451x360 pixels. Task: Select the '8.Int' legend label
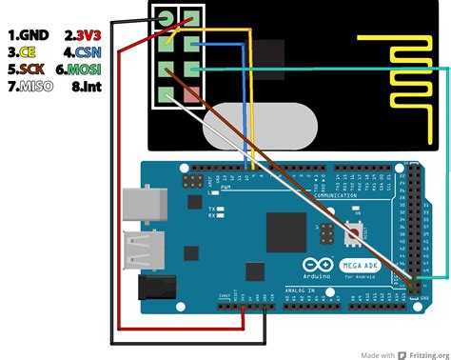80,88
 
